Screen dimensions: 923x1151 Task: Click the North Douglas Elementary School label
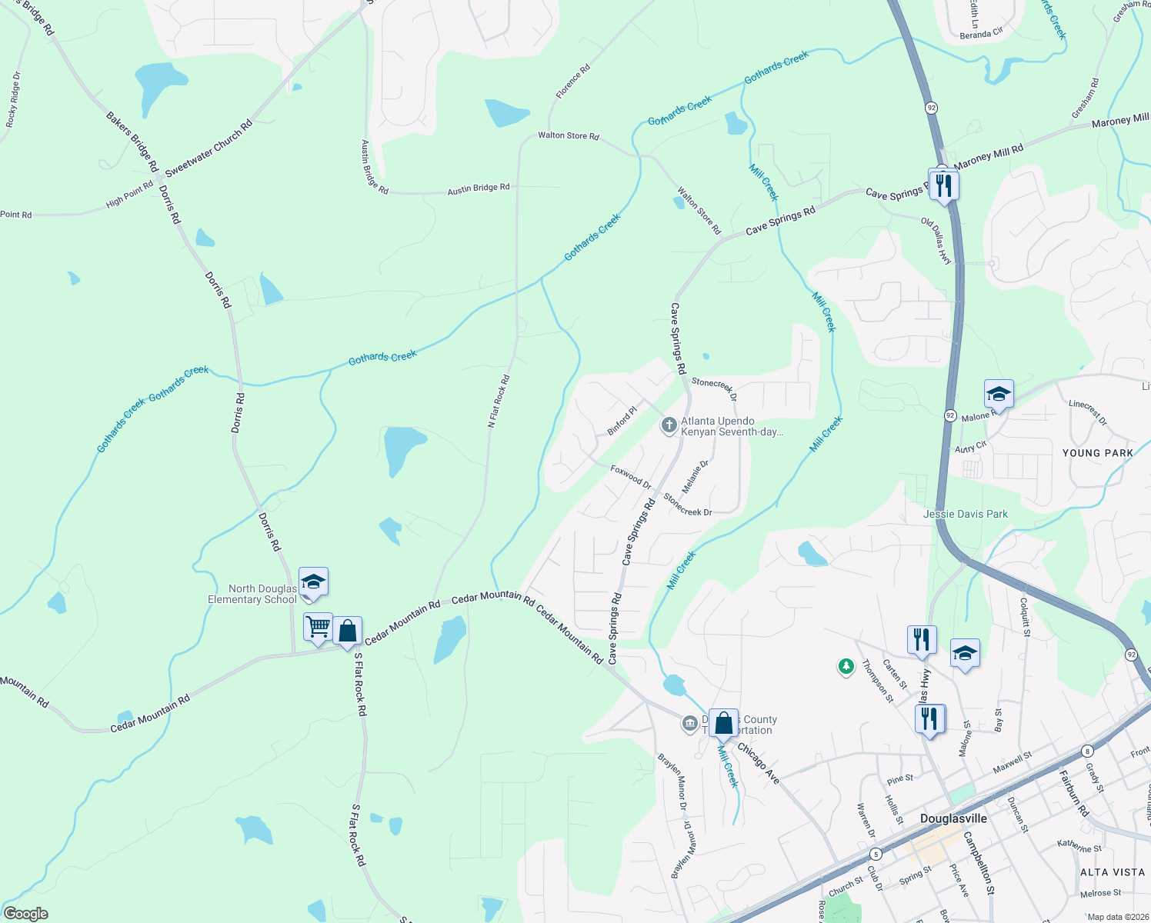click(252, 594)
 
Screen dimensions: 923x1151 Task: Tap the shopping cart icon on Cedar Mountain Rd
click(318, 627)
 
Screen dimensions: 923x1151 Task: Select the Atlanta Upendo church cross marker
click(669, 425)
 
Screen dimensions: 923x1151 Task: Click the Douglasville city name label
click(953, 818)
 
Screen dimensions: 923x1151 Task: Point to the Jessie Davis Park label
click(965, 514)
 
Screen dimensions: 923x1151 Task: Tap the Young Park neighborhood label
click(1097, 453)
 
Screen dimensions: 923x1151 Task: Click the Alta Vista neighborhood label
click(1113, 872)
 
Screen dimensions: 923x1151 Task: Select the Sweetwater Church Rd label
click(209, 148)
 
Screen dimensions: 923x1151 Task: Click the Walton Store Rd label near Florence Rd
click(568, 135)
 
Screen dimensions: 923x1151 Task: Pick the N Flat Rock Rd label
click(499, 402)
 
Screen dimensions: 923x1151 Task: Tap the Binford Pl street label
click(622, 422)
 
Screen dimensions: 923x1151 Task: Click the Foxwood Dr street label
click(631, 477)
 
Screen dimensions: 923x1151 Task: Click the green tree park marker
click(846, 666)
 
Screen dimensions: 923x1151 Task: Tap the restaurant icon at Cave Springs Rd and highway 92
click(943, 185)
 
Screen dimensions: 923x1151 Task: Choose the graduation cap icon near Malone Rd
click(998, 395)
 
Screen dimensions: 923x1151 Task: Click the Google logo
click(26, 914)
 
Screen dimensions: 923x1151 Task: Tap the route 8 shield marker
click(1086, 751)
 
